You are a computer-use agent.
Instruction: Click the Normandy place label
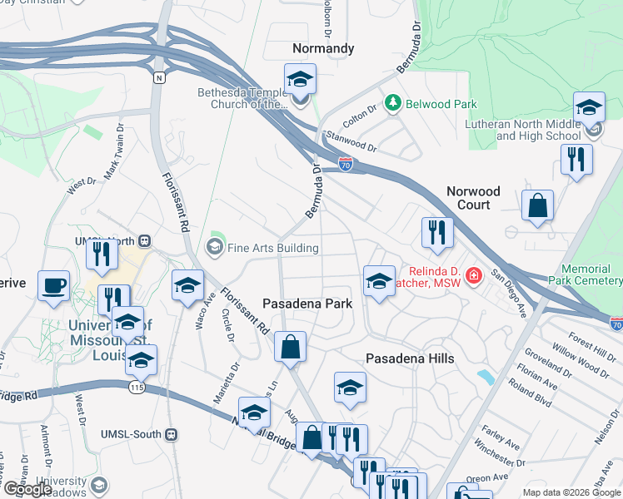pyautogui.click(x=324, y=49)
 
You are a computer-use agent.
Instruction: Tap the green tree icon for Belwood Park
pyautogui.click(x=392, y=103)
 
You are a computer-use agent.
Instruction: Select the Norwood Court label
pyautogui.click(x=474, y=198)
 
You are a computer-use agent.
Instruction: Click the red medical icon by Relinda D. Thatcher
pyautogui.click(x=474, y=274)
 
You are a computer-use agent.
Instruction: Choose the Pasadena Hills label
pyautogui.click(x=410, y=358)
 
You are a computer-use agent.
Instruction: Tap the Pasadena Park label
pyautogui.click(x=307, y=304)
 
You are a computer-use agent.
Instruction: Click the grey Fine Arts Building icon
pyautogui.click(x=215, y=247)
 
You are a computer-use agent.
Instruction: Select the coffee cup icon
pyautogui.click(x=55, y=284)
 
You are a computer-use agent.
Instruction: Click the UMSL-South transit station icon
pyautogui.click(x=171, y=434)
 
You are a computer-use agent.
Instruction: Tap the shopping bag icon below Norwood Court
pyautogui.click(x=538, y=204)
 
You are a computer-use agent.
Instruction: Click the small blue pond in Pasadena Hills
pyautogui.click(x=485, y=377)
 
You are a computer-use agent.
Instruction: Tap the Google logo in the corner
pyautogui.click(x=27, y=488)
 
